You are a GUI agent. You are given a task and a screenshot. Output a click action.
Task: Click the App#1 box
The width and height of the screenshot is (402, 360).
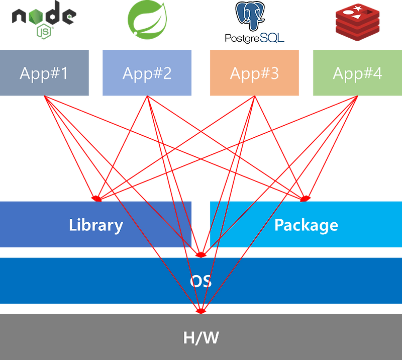coord(45,73)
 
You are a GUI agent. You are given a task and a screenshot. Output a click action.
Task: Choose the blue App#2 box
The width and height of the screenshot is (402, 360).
coord(147,73)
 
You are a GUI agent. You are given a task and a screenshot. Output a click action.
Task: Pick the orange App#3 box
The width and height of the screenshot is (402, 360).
coord(254,73)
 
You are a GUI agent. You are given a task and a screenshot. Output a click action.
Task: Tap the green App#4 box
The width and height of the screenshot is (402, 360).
coord(357,73)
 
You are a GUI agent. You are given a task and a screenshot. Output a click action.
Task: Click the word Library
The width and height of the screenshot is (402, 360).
coord(96,225)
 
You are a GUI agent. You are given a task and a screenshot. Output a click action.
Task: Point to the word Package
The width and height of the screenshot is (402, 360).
coord(306,225)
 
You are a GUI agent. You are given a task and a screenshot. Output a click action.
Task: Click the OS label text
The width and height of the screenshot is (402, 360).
coord(200,281)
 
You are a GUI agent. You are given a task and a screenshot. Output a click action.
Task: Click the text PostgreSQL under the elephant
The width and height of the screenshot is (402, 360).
coord(254,38)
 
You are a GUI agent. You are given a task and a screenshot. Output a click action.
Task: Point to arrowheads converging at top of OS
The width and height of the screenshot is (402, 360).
coord(201,252)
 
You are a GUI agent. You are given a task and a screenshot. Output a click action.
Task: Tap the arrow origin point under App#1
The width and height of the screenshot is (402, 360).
coord(45,99)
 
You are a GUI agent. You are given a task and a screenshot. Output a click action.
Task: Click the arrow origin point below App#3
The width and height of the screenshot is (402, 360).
coord(254,99)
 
